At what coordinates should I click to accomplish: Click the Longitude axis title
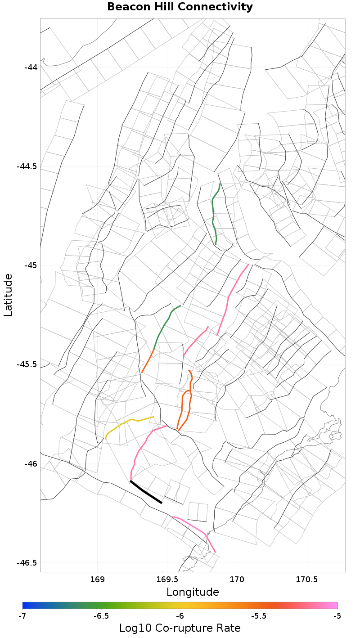click(193, 592)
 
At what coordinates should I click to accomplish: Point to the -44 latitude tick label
click(31, 67)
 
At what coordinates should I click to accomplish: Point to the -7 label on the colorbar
click(22, 616)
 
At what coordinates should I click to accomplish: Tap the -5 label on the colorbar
click(337, 616)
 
